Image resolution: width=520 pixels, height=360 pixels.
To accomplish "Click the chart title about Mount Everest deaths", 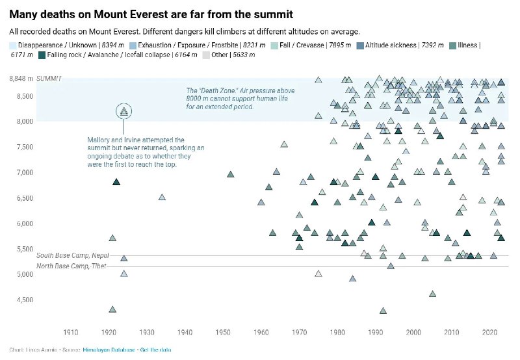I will (x=151, y=14).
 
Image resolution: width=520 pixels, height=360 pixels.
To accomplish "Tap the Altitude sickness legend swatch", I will (x=359, y=45).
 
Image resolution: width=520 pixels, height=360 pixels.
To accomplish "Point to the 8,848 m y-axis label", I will (x=21, y=79).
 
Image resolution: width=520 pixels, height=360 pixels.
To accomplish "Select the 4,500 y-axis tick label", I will (x=24, y=300).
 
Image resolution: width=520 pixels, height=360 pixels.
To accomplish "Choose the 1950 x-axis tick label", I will (x=224, y=332).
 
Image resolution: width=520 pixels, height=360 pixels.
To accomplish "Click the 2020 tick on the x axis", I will (x=490, y=332).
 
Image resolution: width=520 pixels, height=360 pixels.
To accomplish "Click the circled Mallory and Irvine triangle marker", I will (x=124, y=112).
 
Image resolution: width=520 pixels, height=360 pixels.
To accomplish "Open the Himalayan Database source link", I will (x=109, y=350).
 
